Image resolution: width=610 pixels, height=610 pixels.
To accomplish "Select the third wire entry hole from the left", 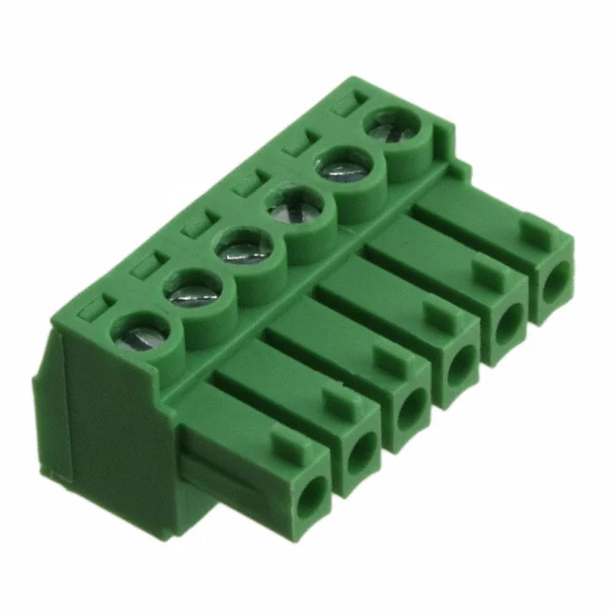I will (412, 407).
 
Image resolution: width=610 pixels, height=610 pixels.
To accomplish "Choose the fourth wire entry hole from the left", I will (461, 363).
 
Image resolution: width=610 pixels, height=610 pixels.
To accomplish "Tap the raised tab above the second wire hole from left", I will (339, 399).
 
